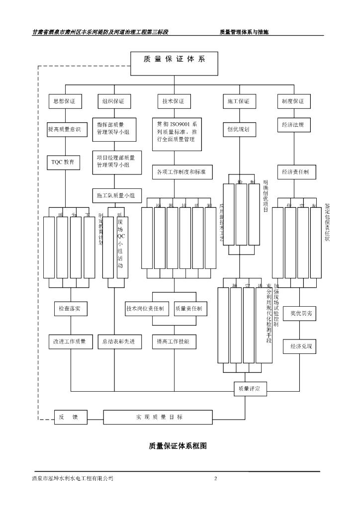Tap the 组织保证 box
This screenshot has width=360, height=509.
click(113, 101)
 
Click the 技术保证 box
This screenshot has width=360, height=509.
click(174, 101)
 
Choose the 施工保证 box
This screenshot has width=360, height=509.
click(239, 101)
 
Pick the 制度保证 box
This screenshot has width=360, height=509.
click(293, 101)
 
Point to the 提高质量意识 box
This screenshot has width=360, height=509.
click(67, 130)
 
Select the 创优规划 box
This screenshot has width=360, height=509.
click(239, 129)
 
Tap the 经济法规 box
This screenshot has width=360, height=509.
click(293, 125)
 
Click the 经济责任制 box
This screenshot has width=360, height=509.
click(295, 172)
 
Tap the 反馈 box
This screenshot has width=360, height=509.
click(70, 417)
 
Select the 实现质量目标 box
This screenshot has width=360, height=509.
click(160, 417)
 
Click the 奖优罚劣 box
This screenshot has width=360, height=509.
click(301, 314)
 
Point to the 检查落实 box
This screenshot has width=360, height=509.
click(70, 309)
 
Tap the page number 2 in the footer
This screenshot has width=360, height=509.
click(216, 479)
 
